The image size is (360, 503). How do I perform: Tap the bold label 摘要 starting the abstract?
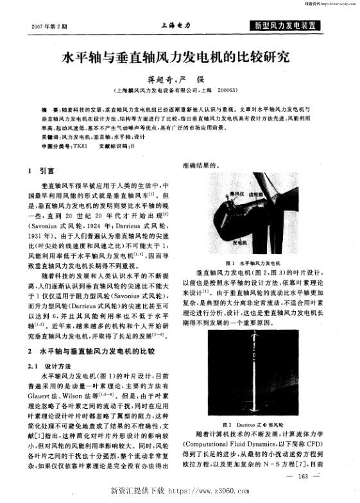47,110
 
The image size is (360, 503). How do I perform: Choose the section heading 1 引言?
44,171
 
